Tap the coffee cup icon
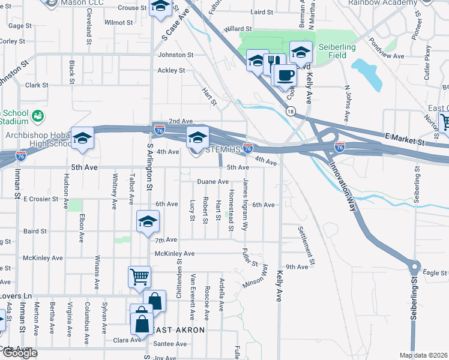(286, 76)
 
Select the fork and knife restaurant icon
(274, 63)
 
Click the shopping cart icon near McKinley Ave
(139, 277)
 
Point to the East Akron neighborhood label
(177, 331)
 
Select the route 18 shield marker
(291, 112)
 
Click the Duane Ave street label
(213, 181)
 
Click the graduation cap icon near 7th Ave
(148, 221)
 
